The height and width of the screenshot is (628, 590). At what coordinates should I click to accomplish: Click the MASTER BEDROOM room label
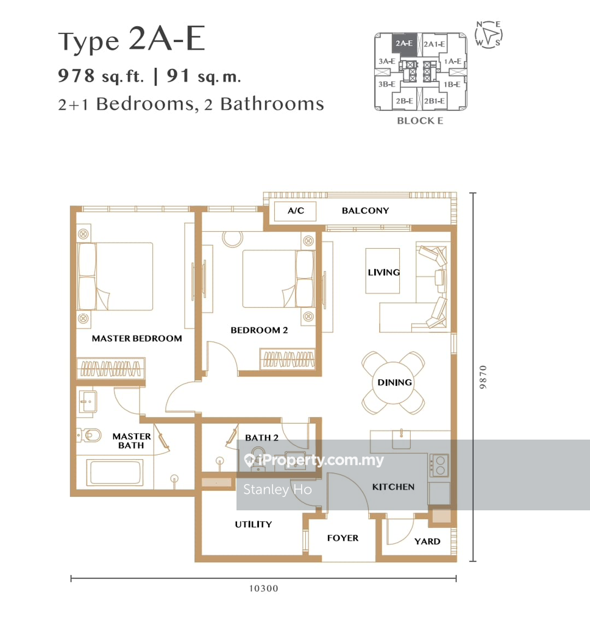pyautogui.click(x=137, y=338)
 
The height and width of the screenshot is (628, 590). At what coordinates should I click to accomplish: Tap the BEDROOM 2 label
pyautogui.click(x=259, y=330)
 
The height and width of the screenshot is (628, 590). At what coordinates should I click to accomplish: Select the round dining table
pyautogui.click(x=394, y=382)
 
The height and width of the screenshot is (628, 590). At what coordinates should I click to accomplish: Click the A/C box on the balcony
pyautogui.click(x=296, y=211)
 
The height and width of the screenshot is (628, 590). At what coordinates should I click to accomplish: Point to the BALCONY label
pyautogui.click(x=365, y=211)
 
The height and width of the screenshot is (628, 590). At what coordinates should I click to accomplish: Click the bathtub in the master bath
pyautogui.click(x=115, y=473)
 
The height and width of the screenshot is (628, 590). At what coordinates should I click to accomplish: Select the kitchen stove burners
pyautogui.click(x=439, y=465)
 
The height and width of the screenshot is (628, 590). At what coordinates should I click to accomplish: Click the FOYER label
pyautogui.click(x=343, y=538)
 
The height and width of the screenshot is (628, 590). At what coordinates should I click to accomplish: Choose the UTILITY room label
pyautogui.click(x=254, y=524)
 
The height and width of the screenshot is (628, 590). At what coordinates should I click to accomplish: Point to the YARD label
pyautogui.click(x=427, y=541)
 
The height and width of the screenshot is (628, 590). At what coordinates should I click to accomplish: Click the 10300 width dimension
pyautogui.click(x=263, y=588)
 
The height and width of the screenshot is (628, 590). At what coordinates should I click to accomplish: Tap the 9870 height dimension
pyautogui.click(x=483, y=377)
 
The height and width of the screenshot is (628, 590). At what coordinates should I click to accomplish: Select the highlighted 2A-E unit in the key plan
pyautogui.click(x=404, y=44)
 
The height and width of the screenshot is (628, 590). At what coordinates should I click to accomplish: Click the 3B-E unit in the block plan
pyautogui.click(x=386, y=85)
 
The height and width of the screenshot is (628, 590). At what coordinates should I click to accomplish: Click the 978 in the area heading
pyautogui.click(x=76, y=76)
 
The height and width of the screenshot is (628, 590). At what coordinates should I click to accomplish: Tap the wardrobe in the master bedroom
pyautogui.click(x=111, y=368)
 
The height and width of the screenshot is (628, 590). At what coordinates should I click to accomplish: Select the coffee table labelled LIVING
pyautogui.click(x=383, y=271)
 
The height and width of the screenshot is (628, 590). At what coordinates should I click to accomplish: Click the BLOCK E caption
pyautogui.click(x=420, y=121)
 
